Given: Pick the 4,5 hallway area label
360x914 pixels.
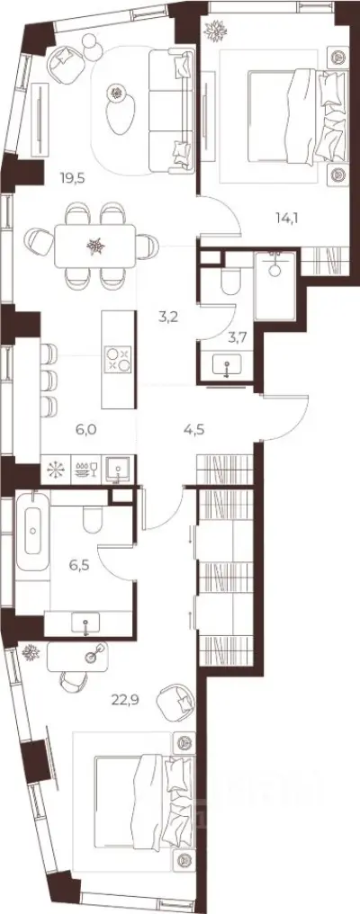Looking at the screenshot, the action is [195, 431].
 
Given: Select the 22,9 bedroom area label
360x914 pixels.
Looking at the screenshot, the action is [123, 699].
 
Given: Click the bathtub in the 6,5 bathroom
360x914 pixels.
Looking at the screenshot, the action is [32, 531].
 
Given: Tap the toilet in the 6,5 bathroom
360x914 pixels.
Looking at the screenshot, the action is [93, 519].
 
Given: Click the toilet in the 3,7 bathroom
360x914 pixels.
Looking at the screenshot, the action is [230, 282].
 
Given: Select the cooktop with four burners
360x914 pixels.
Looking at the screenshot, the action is [117, 359].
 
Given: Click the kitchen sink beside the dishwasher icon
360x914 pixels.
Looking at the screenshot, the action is [120, 469].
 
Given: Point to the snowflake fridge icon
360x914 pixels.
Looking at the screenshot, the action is [57, 470].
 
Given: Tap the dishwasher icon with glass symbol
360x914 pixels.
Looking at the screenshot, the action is [87, 470].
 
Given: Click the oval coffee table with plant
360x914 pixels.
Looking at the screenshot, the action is [120, 110].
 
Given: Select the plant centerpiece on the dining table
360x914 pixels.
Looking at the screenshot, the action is [95, 246].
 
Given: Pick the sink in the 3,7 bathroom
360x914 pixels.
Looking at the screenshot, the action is [227, 368].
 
